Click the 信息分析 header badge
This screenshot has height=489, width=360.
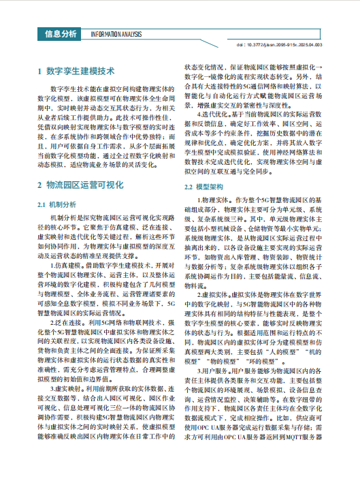point(61,33)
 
